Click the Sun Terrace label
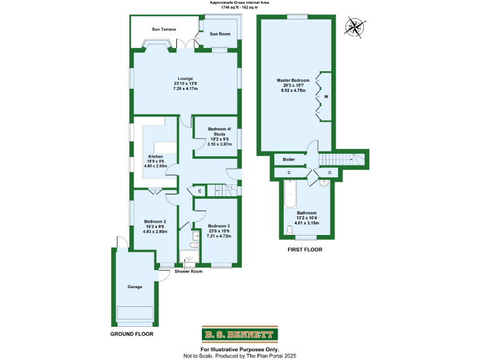point(164,29)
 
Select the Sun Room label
point(219,33)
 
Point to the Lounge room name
point(186,78)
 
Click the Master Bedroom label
point(293,81)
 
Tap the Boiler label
point(289,159)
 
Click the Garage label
point(135,287)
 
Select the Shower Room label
point(188,272)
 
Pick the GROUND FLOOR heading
point(132,334)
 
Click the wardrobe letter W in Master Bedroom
point(326,97)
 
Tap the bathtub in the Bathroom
point(289,196)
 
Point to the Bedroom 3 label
point(219,226)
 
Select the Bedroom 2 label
point(155,222)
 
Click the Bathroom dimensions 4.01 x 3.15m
point(306,223)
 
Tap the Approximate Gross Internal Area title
point(239,2)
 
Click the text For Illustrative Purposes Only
point(239,349)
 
